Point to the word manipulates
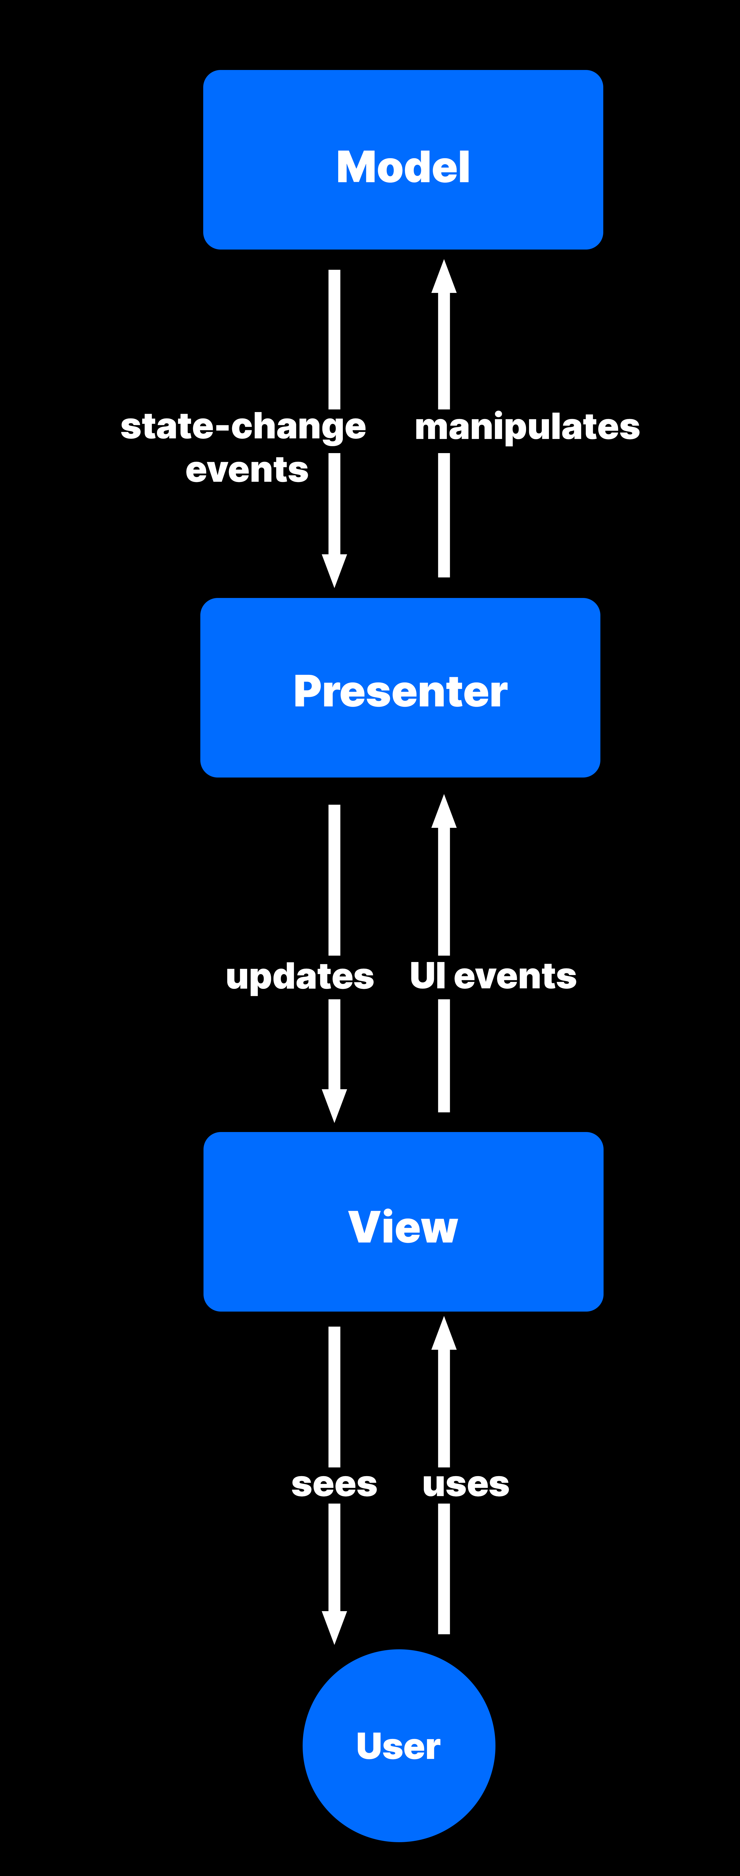[527, 427]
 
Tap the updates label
[299, 976]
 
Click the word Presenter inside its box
[400, 691]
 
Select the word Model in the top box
[403, 167]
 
